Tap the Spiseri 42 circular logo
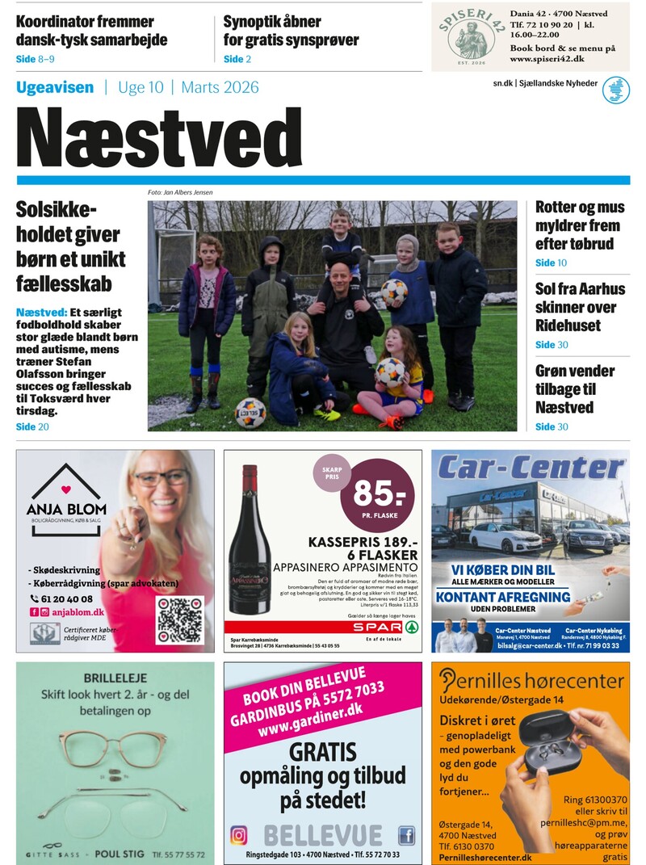click(470, 36)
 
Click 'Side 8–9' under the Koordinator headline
click(36, 59)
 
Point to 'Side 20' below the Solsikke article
click(32, 426)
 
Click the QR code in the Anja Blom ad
click(180, 619)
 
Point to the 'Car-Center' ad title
click(530, 468)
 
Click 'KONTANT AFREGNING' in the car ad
click(502, 598)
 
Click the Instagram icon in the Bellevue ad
click(239, 834)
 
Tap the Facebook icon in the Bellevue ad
click(406, 834)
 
